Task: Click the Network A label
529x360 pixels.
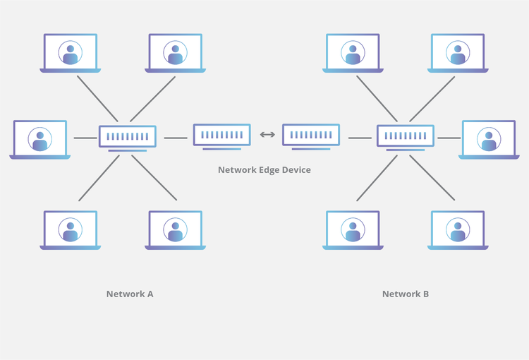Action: point(130,294)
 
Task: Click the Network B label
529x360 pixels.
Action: point(406,294)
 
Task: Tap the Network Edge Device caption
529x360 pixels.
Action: point(264,170)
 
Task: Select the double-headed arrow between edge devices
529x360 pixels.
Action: point(267,135)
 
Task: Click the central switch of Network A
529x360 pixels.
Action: point(128,136)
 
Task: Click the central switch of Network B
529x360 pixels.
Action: point(406,136)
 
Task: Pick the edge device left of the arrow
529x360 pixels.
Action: point(222,135)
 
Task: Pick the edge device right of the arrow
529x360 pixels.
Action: point(311,135)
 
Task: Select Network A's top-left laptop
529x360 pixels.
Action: point(71,53)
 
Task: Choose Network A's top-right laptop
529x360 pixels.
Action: point(175,53)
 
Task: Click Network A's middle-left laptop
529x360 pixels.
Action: point(40,139)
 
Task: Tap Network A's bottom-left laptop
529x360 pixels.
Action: point(71,230)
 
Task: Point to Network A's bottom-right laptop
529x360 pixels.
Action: point(175,230)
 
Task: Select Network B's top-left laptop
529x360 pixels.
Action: point(353,53)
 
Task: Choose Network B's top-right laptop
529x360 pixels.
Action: point(458,53)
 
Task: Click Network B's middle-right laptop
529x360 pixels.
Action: point(489,139)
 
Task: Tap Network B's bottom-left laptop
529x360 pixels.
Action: point(353,230)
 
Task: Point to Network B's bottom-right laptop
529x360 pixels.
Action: point(458,230)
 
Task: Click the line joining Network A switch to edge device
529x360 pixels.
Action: point(176,138)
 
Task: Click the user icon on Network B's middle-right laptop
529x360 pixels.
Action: point(489,139)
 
